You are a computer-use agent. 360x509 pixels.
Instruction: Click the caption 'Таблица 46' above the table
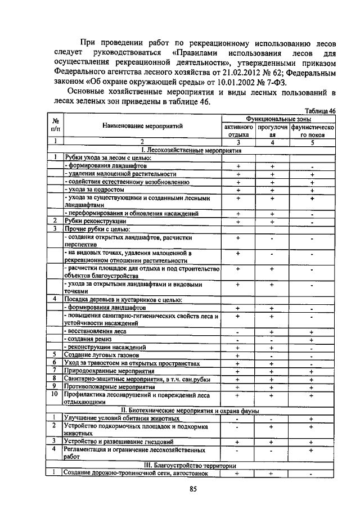pyautogui.click(x=320, y=111)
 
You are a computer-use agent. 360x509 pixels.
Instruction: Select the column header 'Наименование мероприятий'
pyautogui.click(x=142, y=128)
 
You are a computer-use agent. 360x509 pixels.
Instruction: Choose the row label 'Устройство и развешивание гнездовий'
pyautogui.click(x=119, y=441)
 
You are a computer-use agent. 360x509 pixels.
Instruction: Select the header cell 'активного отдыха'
pyautogui.click(x=238, y=131)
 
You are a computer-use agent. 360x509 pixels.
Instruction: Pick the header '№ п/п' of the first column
pyautogui.click(x=55, y=124)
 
